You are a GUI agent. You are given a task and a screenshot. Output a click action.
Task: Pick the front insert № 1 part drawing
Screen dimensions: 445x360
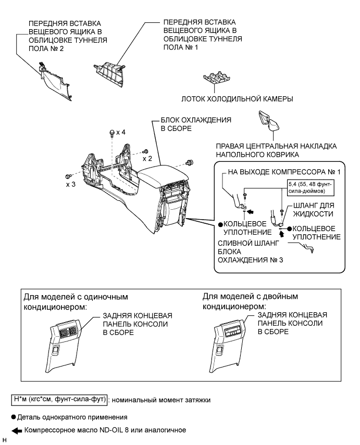pos(111,70)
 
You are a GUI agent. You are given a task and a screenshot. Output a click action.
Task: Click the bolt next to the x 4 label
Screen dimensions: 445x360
pos(111,134)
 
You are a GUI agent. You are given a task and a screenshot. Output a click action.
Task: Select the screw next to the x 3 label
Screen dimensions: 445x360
pos(68,176)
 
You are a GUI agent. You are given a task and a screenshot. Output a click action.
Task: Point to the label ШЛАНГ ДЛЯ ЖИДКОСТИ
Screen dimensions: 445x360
pos(317,210)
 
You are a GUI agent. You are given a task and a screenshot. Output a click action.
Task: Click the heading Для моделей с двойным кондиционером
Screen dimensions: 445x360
pos(250,301)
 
